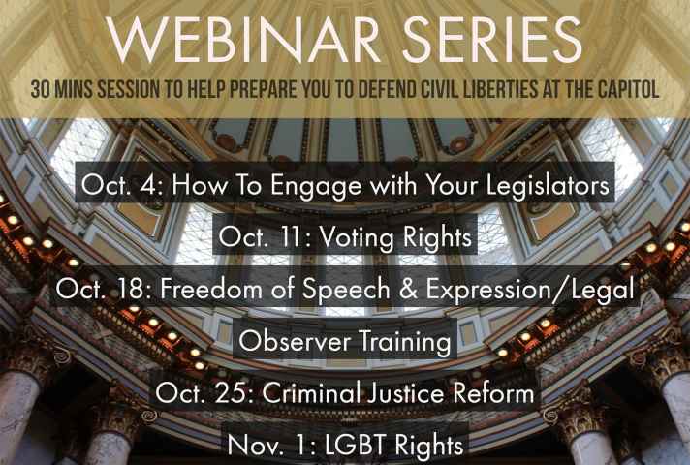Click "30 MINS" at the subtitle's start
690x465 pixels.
pyautogui.click(x=62, y=90)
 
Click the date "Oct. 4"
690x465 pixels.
pyautogui.click(x=122, y=185)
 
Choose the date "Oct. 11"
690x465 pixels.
pyautogui.click(x=265, y=237)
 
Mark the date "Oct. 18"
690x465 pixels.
pyautogui.click(x=104, y=289)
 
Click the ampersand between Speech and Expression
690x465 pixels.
pyautogui.click(x=408, y=290)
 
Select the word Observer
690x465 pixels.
pyautogui.click(x=295, y=341)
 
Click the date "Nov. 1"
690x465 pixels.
pyautogui.click(x=272, y=445)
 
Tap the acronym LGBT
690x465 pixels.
pyautogui.click(x=357, y=445)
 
